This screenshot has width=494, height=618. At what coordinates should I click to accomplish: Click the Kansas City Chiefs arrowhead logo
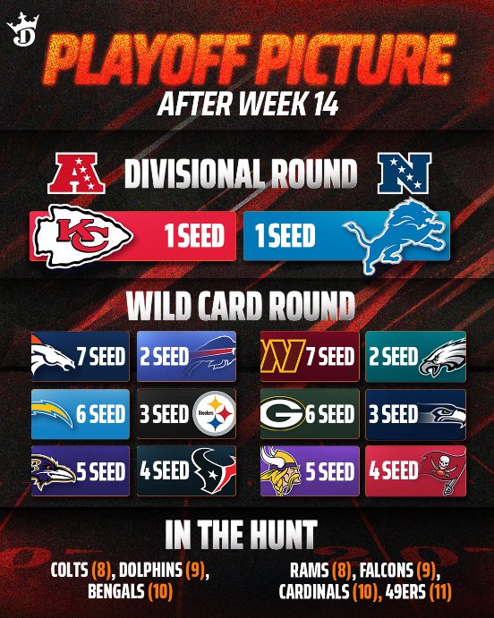[82, 237]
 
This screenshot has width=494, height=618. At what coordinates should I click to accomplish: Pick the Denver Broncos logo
[54, 357]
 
